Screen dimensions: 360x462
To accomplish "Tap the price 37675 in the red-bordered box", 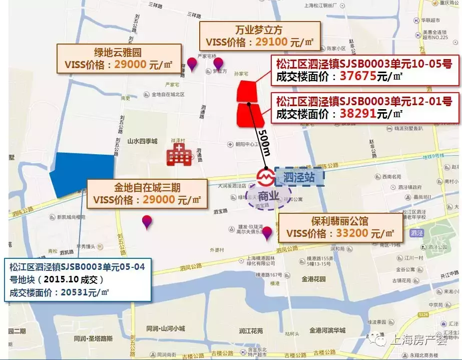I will pos(358,76).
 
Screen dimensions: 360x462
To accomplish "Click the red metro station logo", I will pos(264,176).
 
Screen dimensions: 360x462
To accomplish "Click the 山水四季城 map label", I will pos(142,142).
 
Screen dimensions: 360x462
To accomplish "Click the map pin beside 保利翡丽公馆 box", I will pos(267,232).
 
